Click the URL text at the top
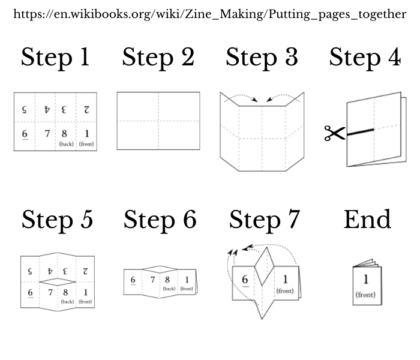(210, 14)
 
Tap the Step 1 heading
(55, 58)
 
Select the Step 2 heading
(158, 58)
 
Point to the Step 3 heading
(262, 58)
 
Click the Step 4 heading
(365, 58)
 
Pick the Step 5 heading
(58, 220)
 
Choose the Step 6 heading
(160, 220)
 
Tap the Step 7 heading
(265, 220)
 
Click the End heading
(367, 220)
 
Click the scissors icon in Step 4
(335, 133)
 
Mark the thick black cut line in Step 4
(360, 132)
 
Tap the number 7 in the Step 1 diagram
(47, 133)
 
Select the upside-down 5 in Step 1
(25, 109)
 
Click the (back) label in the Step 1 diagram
(66, 144)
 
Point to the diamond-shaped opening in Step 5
(58, 282)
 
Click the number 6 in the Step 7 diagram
(245, 280)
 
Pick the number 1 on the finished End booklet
(365, 280)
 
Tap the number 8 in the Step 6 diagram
(167, 280)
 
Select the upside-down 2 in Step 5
(85, 271)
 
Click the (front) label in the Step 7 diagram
(285, 291)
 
